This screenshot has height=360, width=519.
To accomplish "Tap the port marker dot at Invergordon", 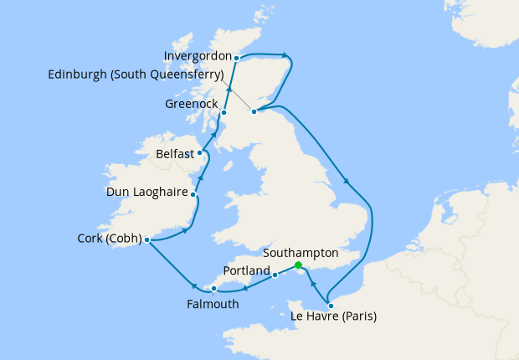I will (237, 59).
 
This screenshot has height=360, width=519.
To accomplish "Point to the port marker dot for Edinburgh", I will (254, 110).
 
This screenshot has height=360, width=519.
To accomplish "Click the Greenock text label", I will (191, 105).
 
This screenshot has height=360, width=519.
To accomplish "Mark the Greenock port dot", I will (224, 112).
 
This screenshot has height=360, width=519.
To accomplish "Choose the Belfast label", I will (175, 154).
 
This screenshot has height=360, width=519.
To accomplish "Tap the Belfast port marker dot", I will (200, 153).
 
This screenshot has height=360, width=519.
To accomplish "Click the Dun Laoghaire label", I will (146, 193).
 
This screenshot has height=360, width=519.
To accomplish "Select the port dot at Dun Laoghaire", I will (193, 195).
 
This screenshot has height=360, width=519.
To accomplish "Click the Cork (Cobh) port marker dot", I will (146, 239).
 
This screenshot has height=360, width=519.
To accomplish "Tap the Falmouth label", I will (213, 304).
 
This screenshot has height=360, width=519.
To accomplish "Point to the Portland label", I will (247, 271).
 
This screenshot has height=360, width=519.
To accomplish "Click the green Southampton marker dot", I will (299, 265).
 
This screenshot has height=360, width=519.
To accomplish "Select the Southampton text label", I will (301, 252).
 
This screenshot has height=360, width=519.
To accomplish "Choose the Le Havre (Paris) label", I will (333, 316).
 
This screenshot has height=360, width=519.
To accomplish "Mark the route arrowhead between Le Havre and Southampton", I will (312, 284).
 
